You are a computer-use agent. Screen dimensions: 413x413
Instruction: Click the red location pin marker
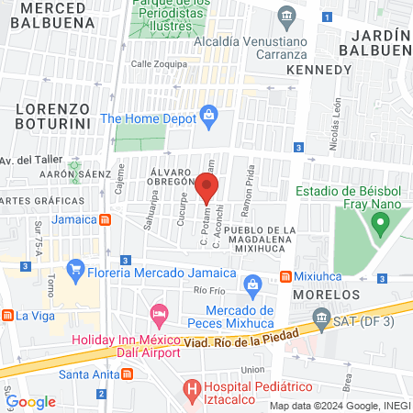click(206, 188)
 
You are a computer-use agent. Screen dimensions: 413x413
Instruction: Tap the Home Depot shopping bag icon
click(208, 116)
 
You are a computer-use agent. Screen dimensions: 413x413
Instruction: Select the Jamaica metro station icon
click(106, 219)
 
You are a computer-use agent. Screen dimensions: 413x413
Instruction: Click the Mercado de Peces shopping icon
click(256, 285)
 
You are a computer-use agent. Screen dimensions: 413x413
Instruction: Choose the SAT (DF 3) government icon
click(320, 319)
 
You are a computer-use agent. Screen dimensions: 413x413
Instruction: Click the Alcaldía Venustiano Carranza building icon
click(287, 16)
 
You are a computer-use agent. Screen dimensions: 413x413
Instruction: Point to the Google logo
click(31, 401)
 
